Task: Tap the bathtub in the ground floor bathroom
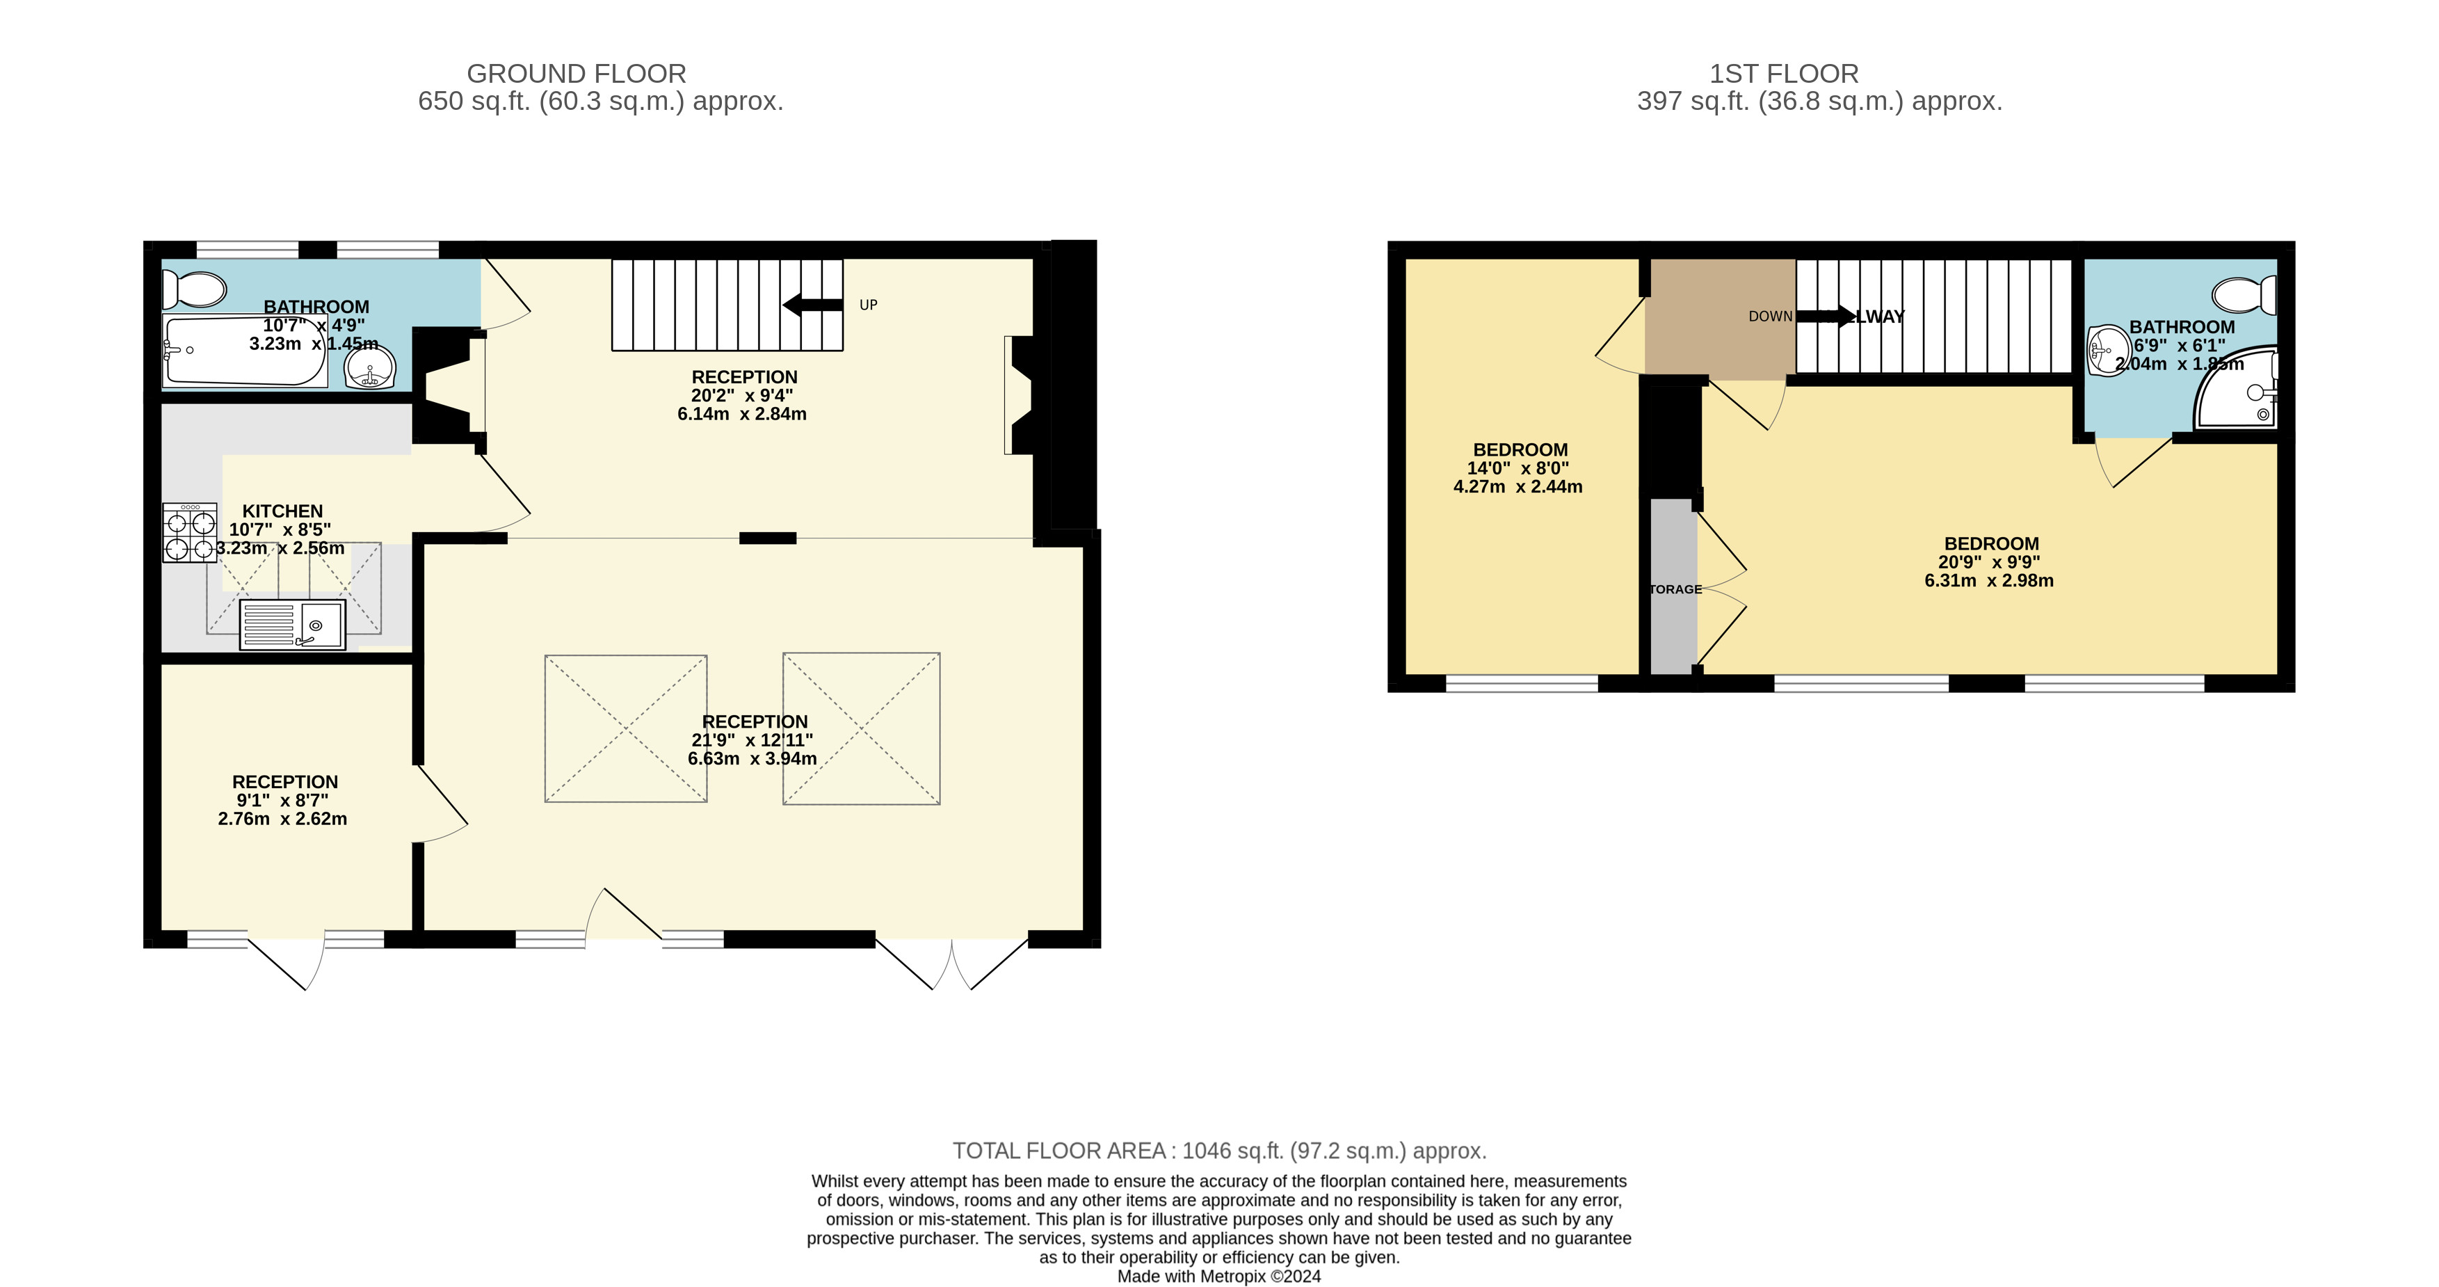[244, 351]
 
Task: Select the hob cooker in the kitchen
[189, 533]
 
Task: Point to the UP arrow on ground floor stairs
[812, 305]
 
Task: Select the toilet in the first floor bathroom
[2248, 294]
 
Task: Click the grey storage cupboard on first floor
[1673, 587]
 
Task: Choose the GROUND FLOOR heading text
[576, 74]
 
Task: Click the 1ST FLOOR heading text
[1784, 74]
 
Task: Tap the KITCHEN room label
[282, 511]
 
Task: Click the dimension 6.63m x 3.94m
[752, 758]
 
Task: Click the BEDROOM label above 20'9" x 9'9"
[1991, 543]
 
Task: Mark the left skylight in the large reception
[626, 728]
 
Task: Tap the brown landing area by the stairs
[1719, 317]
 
